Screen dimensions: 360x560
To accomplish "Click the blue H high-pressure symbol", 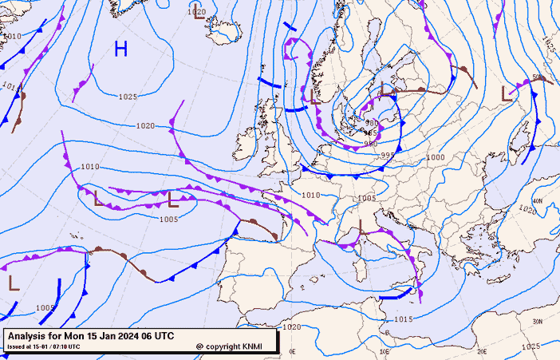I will point(120,49).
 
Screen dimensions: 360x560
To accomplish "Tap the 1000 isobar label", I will point(436,158).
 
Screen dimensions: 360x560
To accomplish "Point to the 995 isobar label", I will point(387,156).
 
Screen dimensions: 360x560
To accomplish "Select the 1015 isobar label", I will point(403,319).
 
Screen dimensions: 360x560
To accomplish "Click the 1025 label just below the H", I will point(128,97).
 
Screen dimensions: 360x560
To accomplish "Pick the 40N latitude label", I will point(537,201).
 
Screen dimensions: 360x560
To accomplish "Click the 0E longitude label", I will point(292,351).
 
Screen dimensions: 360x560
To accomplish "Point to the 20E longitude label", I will point(481,351).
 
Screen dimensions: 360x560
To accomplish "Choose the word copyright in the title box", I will point(224,346).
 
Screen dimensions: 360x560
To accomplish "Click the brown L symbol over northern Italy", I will point(361,227).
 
